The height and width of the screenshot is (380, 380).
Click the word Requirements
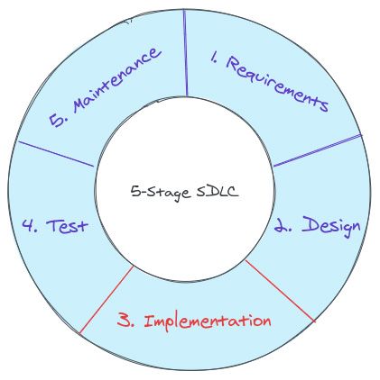277,83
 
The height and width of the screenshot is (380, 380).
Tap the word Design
331,227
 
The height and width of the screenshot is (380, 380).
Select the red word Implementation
208,322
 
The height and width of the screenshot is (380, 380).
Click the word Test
67,226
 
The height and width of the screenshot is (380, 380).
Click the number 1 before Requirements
214,57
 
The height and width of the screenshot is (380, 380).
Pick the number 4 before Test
30,225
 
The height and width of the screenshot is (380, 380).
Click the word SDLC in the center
218,191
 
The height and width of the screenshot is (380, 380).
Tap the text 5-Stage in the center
161,193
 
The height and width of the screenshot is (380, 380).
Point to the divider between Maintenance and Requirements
185,53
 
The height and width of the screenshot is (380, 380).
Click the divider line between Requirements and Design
318,150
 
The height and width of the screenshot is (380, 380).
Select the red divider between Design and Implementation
281,291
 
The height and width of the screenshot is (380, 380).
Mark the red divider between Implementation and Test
107,300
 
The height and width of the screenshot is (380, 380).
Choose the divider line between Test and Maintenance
56,154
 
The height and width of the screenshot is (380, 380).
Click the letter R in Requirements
233,64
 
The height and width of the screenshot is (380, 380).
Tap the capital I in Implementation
149,321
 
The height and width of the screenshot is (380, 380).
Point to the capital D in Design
310,224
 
